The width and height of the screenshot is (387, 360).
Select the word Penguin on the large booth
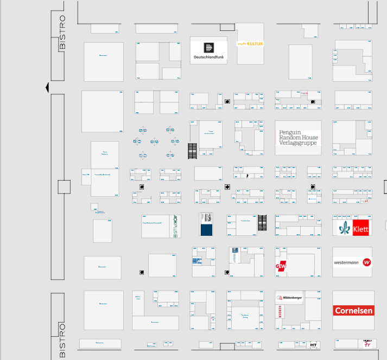point(290,132)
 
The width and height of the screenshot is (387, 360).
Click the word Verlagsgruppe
point(299,143)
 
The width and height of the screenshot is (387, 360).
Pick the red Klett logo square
point(361,228)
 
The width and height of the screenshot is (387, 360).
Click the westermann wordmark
point(347,262)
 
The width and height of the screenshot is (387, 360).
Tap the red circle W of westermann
point(367,262)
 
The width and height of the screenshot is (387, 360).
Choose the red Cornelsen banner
point(353,311)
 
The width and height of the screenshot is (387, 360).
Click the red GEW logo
point(281,266)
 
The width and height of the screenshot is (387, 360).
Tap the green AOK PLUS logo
point(175,225)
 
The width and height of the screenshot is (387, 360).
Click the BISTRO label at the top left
point(62,32)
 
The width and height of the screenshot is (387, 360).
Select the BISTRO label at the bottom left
point(62,340)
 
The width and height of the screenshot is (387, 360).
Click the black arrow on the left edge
point(48,87)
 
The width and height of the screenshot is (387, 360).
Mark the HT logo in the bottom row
point(313,344)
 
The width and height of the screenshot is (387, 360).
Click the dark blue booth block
point(207,229)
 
